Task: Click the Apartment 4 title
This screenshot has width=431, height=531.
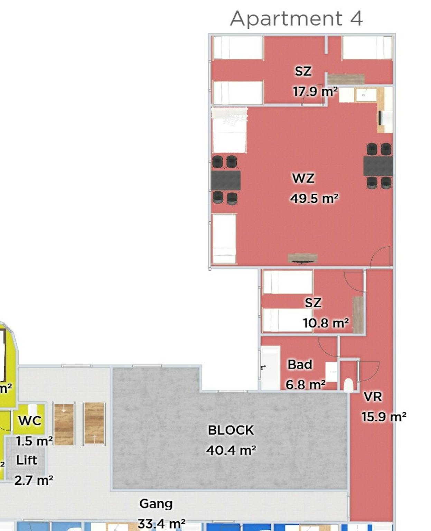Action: point(296,18)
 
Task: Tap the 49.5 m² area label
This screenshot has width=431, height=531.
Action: point(314,198)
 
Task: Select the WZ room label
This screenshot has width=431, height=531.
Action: point(303,178)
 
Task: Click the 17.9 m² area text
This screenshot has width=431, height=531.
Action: point(315,92)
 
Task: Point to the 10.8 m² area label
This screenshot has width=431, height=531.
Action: point(326,323)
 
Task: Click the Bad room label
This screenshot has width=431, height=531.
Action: point(300,364)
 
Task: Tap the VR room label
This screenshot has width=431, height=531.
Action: point(373,397)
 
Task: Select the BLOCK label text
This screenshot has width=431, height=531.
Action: point(231,430)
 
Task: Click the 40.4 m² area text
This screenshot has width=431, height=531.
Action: point(231,450)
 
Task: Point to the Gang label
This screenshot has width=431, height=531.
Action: point(156,504)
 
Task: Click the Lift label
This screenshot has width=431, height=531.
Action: point(27,460)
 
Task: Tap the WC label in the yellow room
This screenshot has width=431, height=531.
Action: point(30,421)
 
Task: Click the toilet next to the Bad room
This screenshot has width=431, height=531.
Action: point(348,385)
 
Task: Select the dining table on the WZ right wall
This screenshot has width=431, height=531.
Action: point(378,166)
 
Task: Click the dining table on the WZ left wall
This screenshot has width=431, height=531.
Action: point(226,180)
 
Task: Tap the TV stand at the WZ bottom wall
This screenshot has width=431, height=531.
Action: point(302,258)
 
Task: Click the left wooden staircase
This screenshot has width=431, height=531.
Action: point(64,423)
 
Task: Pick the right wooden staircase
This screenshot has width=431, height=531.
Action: point(94,423)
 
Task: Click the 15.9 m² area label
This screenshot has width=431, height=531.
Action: point(384,417)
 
